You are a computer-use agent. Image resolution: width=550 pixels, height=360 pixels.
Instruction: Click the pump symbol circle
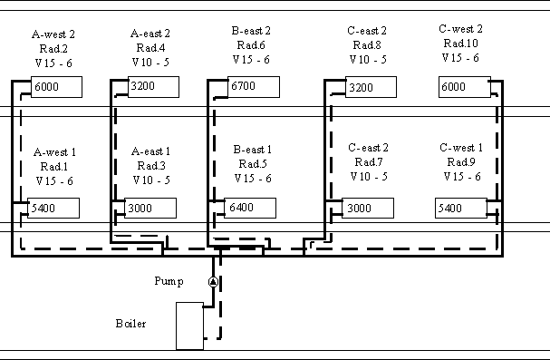click(x=213, y=282)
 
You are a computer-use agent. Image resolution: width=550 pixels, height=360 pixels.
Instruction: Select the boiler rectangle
click(x=189, y=326)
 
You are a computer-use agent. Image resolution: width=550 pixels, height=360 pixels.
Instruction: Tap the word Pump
click(x=169, y=281)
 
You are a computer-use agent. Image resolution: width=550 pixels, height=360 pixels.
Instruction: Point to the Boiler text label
click(x=130, y=323)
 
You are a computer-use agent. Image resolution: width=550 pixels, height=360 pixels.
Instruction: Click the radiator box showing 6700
click(x=254, y=87)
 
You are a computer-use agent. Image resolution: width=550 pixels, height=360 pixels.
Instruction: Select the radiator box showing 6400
click(x=250, y=208)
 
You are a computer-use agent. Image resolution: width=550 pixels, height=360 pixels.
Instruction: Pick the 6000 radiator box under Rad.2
click(x=56, y=87)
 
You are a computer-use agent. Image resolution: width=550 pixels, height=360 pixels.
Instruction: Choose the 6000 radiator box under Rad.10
click(x=465, y=87)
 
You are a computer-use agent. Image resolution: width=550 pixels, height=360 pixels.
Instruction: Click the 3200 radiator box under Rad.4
click(x=153, y=87)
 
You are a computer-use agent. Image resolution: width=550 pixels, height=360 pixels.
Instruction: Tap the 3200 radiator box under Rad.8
click(x=371, y=87)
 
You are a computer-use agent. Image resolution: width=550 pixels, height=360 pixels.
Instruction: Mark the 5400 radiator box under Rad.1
click(x=53, y=208)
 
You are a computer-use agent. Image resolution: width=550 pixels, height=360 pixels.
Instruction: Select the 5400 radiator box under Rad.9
click(x=461, y=208)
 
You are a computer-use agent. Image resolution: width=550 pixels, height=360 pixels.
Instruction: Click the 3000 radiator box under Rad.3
click(x=150, y=208)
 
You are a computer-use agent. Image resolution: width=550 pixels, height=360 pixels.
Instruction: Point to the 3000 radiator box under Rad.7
click(x=368, y=208)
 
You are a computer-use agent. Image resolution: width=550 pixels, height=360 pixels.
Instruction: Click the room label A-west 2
click(x=53, y=34)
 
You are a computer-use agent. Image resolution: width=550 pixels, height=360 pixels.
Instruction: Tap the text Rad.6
click(x=251, y=45)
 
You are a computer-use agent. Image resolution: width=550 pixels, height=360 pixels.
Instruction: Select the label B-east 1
click(x=253, y=150)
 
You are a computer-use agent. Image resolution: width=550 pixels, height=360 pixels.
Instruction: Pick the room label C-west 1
click(x=461, y=148)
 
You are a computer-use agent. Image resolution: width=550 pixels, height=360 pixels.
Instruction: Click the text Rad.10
click(x=461, y=44)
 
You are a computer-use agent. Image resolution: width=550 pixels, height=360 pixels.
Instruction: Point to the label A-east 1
click(x=150, y=151)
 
